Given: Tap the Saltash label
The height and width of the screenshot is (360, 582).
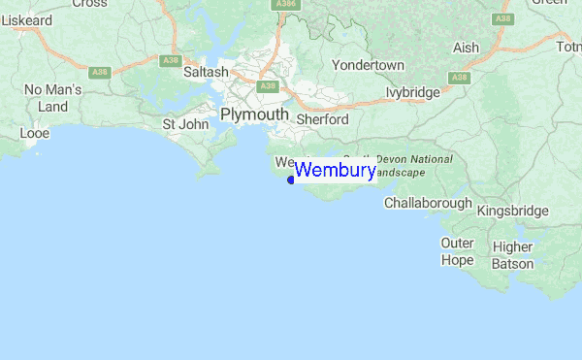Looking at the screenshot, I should click(206, 72).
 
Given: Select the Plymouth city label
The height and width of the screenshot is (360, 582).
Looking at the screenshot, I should click(254, 115).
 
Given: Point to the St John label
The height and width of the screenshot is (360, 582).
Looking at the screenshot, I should click(184, 123).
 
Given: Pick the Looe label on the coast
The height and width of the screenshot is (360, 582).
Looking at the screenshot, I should click(34, 132).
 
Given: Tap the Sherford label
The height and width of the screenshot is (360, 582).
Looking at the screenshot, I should click(322, 118).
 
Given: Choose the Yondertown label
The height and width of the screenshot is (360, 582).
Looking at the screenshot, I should click(368, 64).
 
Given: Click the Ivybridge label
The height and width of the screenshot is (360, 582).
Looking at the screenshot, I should click(412, 93).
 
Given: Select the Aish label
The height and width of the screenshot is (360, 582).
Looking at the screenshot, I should click(466, 48).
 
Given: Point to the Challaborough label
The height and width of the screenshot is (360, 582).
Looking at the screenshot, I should click(428, 204).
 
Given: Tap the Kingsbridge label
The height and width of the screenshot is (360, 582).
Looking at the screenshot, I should click(513, 210).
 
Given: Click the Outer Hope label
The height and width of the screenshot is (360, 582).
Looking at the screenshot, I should click(457, 251).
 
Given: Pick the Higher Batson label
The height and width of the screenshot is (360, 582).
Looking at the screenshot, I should click(512, 255).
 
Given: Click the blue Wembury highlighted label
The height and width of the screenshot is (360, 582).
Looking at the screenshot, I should click(335, 172).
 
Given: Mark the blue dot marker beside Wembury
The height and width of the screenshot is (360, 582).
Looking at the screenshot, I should click(291, 179).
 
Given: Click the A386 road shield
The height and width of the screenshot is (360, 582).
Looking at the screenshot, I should click(284, 4).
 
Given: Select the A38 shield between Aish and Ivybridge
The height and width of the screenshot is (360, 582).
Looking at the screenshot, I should click(460, 77).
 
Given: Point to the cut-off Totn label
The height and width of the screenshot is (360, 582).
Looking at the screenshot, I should click(567, 47).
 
